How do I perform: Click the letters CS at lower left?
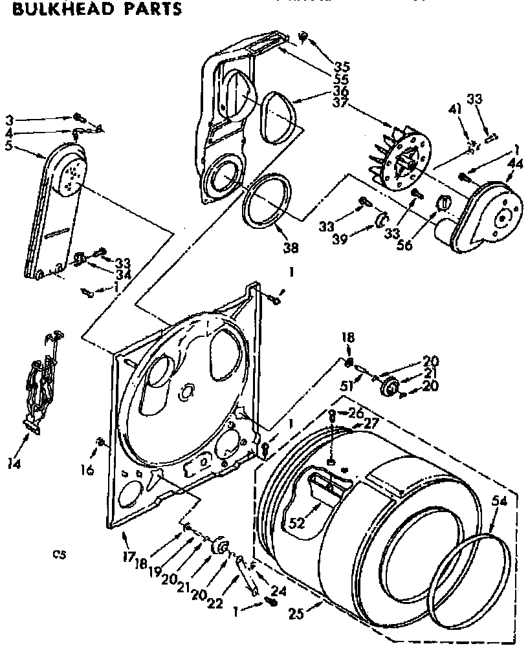60,554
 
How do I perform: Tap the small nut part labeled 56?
443,204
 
